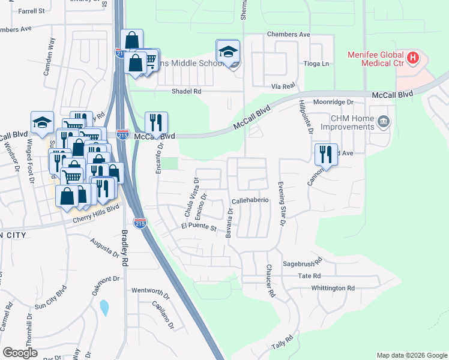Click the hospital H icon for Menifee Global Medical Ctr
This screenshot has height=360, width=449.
pyautogui.click(x=413, y=58)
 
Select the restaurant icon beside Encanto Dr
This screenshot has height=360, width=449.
pyautogui.click(x=156, y=122)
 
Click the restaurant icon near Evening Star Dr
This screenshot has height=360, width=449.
pyautogui.click(x=326, y=154)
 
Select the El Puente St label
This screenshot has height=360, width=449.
pyautogui.click(x=198, y=227)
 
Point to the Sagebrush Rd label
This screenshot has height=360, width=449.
pyautogui.click(x=303, y=262)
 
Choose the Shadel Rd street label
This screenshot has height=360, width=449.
pyautogui.click(x=185, y=91)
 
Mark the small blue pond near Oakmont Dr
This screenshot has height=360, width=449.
pyautogui.click(x=104, y=308)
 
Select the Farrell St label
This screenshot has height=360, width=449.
pyautogui.click(x=32, y=11)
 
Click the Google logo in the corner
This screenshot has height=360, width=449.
pyautogui.click(x=20, y=353)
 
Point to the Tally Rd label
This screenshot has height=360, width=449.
pyautogui.click(x=282, y=343)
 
